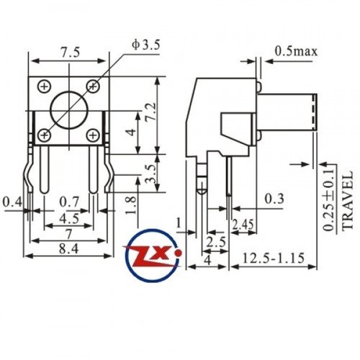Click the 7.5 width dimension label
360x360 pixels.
(x=70, y=53)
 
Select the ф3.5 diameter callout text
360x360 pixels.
(x=146, y=45)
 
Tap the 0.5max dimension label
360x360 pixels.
(x=296, y=51)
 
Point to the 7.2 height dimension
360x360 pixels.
(x=152, y=112)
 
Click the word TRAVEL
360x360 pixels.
(x=347, y=201)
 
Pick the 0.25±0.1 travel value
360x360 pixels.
(x=328, y=199)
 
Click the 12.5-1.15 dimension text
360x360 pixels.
(x=274, y=258)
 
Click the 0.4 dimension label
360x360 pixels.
(x=12, y=202)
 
